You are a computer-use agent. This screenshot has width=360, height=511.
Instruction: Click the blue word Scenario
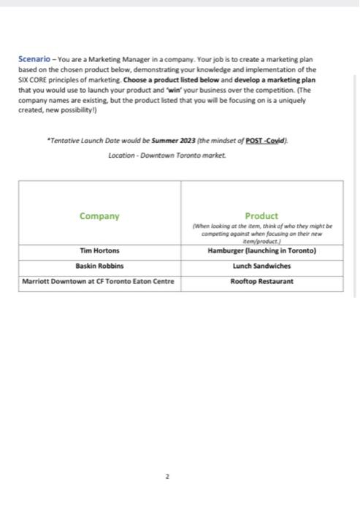click(34, 60)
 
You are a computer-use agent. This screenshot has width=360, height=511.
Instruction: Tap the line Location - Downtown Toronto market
click(166, 155)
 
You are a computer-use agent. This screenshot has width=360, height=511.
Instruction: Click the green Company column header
click(99, 216)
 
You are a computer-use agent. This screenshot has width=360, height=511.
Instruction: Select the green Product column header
click(261, 216)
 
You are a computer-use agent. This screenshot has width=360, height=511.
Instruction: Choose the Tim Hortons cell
click(99, 251)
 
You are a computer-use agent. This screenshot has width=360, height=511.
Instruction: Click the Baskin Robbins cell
click(99, 266)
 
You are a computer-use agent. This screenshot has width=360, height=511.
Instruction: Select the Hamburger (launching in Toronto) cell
click(261, 251)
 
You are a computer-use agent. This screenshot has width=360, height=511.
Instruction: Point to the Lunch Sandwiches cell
click(261, 266)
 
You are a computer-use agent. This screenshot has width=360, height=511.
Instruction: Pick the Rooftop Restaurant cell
click(261, 281)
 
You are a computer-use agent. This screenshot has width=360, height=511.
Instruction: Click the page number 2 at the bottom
click(167, 476)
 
